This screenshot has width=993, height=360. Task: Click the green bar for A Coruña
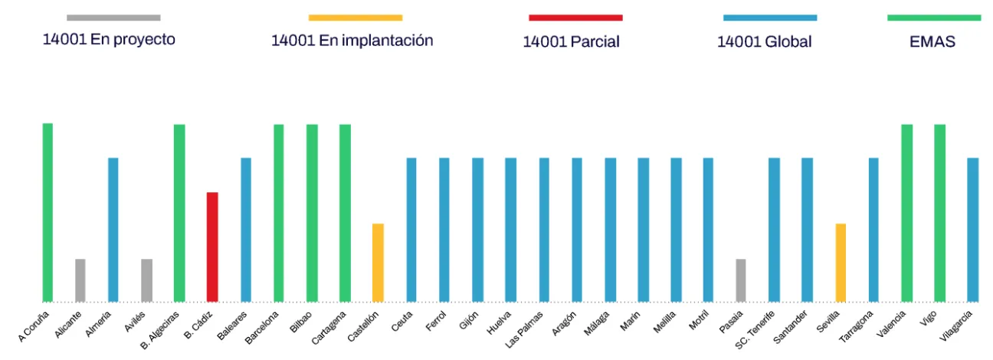point(48,212)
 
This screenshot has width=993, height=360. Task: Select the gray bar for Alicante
point(80,280)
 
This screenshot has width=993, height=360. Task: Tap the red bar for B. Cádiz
point(212,247)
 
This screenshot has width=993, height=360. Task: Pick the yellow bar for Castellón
point(378,263)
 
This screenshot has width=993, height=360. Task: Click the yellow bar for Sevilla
point(841,263)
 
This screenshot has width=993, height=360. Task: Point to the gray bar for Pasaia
point(740,280)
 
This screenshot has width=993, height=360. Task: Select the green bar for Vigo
point(939,213)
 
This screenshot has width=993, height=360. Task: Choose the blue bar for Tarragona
point(873,230)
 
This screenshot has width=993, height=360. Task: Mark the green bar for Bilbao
point(312,213)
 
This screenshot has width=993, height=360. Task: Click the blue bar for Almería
point(113,230)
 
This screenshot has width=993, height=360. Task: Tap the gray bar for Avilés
point(146,280)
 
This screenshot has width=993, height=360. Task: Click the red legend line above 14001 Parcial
point(575,18)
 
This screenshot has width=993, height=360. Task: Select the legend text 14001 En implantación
point(352,41)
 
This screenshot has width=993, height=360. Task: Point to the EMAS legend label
point(932,42)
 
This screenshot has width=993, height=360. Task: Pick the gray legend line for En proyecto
point(113,18)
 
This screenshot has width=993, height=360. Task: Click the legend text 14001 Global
point(764,42)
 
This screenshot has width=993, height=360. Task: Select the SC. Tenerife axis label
point(755,330)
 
